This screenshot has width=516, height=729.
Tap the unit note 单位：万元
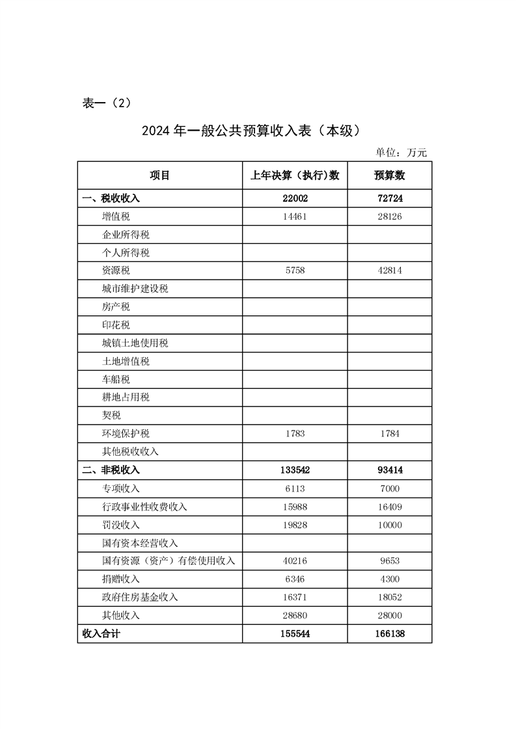(x=401, y=153)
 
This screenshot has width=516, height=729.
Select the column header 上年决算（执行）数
(x=295, y=175)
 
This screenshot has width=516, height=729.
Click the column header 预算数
(x=389, y=175)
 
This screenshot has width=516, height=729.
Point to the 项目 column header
(x=159, y=175)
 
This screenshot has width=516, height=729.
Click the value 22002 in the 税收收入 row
(x=295, y=198)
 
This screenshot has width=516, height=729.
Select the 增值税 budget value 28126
(x=389, y=217)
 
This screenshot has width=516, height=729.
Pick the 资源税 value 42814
(x=389, y=271)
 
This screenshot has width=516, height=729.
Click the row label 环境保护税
(x=121, y=434)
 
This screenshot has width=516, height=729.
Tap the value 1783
(x=295, y=434)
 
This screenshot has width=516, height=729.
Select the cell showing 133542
(x=295, y=470)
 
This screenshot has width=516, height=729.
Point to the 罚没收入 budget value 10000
(x=389, y=524)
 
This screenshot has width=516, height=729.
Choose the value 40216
(x=295, y=561)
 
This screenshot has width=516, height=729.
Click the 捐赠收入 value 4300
(x=389, y=579)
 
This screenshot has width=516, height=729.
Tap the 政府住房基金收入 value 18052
(x=389, y=597)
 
